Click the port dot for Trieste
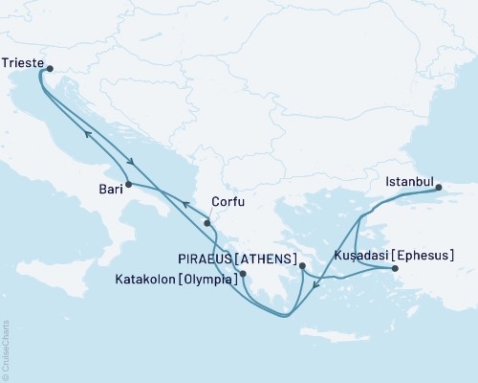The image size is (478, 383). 50,68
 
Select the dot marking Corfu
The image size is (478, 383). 206,223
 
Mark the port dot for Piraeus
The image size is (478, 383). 301,266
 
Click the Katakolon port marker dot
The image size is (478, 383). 243,274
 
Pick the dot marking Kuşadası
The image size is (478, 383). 395,269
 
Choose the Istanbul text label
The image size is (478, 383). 409,181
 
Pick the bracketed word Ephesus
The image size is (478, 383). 421,257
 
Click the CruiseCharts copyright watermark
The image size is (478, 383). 5,344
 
